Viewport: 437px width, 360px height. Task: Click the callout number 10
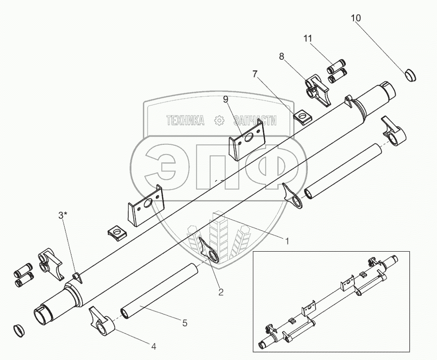coord(356,18)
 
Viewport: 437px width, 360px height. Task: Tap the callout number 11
coord(308,38)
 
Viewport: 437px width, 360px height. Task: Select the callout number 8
coord(281,57)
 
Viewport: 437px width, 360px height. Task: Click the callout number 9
coord(225,100)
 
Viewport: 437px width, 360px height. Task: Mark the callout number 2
coord(220,292)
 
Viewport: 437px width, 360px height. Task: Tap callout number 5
coord(184,323)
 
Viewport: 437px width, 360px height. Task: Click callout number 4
coord(153,346)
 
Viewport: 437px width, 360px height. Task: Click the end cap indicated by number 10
coord(411,75)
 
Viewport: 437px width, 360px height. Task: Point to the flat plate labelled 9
coord(247,140)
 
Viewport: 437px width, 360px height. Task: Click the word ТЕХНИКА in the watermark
coord(185,120)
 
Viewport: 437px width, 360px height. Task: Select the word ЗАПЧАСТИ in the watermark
coord(253,120)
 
